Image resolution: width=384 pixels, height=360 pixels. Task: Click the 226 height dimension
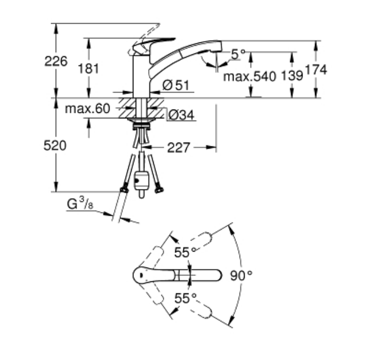coord(56,61)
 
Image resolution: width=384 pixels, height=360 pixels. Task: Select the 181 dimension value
coord(88,68)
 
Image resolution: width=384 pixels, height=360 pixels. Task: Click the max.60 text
coord(88,108)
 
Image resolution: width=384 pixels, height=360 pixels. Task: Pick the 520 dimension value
coord(55,145)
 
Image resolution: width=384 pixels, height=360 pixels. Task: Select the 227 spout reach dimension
coord(178,148)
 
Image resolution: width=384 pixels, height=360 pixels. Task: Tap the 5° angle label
coord(238,54)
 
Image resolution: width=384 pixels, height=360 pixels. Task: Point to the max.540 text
coord(248,77)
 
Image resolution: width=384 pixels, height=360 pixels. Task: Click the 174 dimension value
coord(316,69)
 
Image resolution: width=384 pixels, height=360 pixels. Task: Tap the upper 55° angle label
coord(185,253)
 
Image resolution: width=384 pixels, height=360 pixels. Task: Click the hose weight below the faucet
coord(142,181)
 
